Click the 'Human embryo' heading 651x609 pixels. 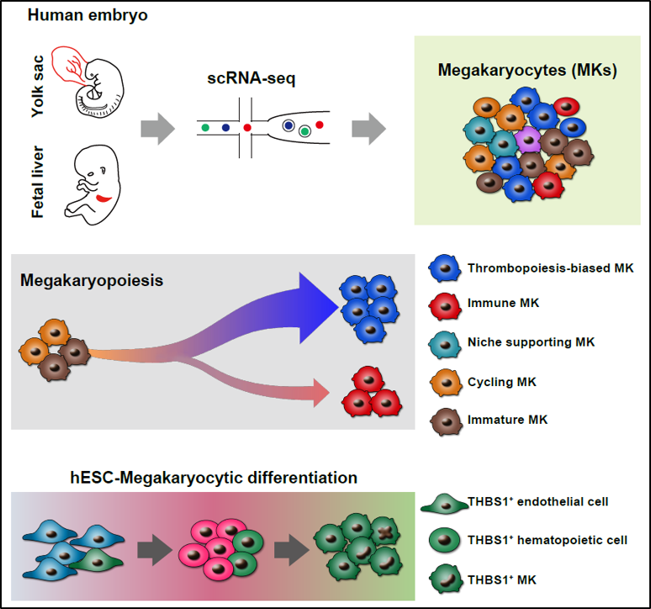[87, 15]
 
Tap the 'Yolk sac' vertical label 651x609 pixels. [37, 86]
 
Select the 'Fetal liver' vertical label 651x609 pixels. [37, 182]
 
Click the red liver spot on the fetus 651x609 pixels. [103, 199]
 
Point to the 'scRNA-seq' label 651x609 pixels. [251, 77]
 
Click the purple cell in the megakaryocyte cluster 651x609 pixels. [527, 140]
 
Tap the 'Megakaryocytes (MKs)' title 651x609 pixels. [527, 70]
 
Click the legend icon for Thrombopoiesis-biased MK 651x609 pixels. [445, 268]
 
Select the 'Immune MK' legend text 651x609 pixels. [503, 303]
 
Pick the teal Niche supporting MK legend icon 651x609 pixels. [445, 344]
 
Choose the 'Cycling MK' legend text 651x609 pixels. [502, 382]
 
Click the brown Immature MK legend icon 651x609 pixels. [447, 421]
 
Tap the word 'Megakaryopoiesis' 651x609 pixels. [92, 281]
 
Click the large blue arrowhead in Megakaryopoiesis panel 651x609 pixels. [319, 308]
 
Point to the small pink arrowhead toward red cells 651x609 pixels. [321, 393]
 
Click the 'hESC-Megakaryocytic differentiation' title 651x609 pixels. [214, 478]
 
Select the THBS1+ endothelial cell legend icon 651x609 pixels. [445, 504]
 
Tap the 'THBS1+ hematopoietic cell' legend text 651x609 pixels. [548, 540]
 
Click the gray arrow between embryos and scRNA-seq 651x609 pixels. [158, 128]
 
